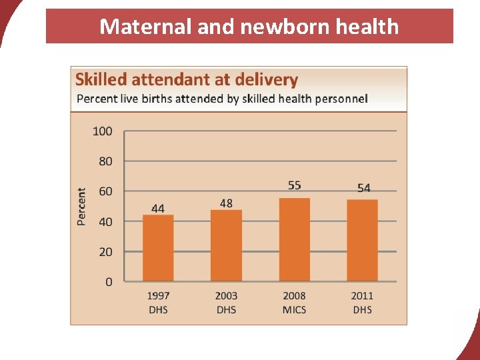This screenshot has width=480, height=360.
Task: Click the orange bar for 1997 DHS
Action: click(x=158, y=248)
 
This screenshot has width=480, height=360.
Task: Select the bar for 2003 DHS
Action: click(x=226, y=245)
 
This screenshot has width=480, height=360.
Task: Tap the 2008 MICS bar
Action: click(x=295, y=240)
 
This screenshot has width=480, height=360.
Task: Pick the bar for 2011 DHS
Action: click(x=363, y=240)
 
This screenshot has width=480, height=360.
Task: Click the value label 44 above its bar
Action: click(x=158, y=209)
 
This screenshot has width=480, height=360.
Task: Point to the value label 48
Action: click(x=226, y=203)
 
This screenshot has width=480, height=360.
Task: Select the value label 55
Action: click(x=295, y=185)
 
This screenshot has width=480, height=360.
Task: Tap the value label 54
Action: click(x=364, y=188)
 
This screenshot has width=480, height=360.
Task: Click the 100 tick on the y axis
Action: click(x=103, y=131)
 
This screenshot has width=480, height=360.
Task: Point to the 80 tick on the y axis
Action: click(x=105, y=161)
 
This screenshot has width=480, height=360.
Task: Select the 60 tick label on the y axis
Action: click(x=105, y=191)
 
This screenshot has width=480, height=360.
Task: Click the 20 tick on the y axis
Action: click(x=105, y=252)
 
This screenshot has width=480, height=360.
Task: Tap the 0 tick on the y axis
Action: click(x=109, y=282)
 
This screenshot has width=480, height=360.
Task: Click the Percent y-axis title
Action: click(x=81, y=207)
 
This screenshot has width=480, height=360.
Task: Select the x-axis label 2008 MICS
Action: click(x=294, y=303)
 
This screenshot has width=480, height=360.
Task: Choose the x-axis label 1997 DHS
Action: click(x=158, y=303)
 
